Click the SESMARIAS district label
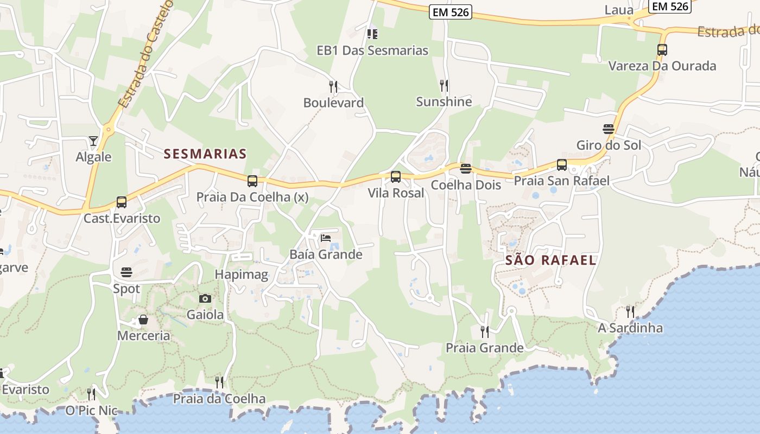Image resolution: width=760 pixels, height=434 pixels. pos(205,154)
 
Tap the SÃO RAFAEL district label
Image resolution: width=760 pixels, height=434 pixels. pos(550,260)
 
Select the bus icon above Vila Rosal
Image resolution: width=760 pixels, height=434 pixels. pos(396,176)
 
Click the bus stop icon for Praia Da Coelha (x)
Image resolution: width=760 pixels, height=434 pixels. pos(252,181)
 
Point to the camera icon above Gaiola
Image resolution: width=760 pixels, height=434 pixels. pos(205,298)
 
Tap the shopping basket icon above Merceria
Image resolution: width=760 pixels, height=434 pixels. pos(143,320)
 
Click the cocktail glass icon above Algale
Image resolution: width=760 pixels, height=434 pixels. pos(93,141)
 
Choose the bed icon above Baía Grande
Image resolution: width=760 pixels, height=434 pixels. pos(326,238)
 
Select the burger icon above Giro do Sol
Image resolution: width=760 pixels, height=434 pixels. pos(609,129)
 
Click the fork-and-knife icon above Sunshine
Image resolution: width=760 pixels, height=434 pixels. pos(444,85)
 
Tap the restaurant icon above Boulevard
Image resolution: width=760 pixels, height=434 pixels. pos(333,86)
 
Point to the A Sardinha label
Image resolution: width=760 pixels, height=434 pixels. pos(630,328)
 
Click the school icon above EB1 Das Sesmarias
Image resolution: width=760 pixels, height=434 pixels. pos(372,34)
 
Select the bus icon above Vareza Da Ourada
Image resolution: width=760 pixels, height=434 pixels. pos(662,50)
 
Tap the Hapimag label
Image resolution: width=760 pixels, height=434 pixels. pos(242,275)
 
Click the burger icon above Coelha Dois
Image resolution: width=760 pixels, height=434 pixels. pos(465,169)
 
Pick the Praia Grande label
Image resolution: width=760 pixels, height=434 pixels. pos(484,348)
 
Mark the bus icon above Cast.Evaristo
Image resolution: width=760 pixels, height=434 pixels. pos(122,202)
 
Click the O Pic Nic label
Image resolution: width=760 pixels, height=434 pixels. pos(91,411)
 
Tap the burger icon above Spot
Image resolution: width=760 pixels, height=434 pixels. pos(126,272)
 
